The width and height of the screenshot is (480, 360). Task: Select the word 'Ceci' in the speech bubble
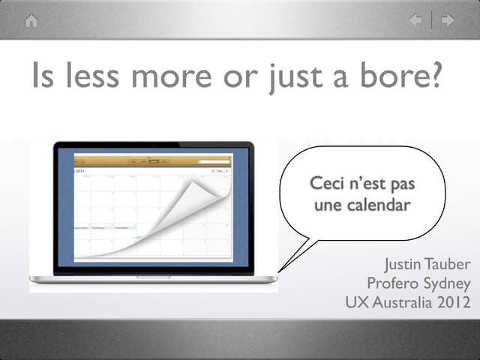pyautogui.click(x=327, y=184)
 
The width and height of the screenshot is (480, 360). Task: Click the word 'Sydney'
pyautogui.click(x=447, y=283)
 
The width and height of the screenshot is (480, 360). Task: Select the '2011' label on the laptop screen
pyautogui.click(x=79, y=170)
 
